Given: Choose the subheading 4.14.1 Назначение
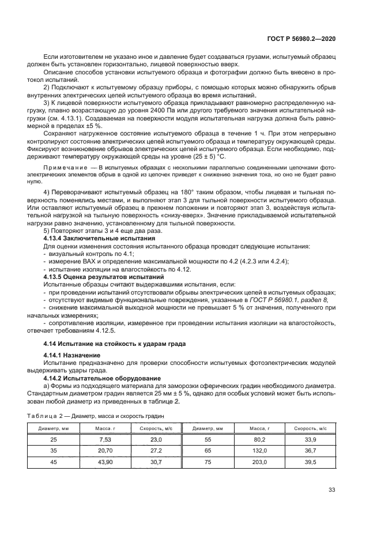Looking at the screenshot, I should [72, 355].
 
